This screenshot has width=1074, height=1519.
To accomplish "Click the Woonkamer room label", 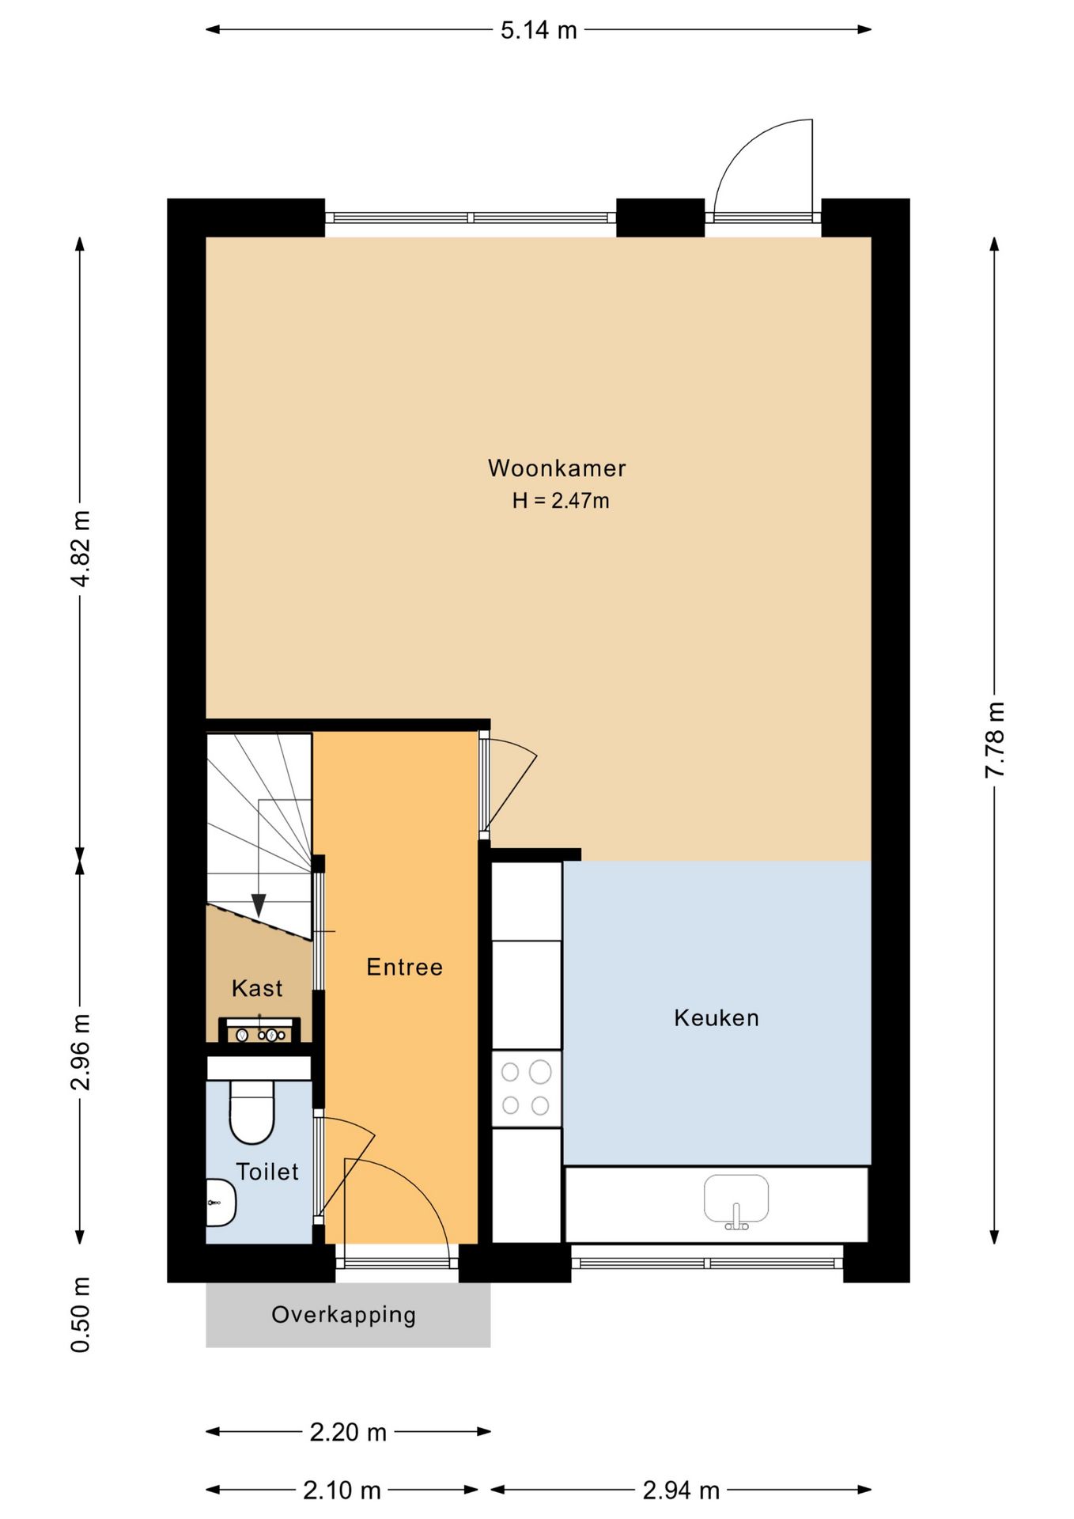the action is coord(557,468).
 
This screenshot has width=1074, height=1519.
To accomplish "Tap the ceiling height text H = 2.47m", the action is coord(561,500).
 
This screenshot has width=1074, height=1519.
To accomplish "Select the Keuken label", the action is coord(717,1017).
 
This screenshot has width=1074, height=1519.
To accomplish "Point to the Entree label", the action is coord(404,967).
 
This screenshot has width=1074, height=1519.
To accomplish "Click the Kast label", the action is coord(257,988).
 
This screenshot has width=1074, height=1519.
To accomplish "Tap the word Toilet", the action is coord(267,1172).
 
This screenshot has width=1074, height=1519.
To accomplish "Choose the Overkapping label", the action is coord(343,1315).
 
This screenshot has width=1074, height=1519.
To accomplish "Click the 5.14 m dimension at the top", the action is coord(539,30).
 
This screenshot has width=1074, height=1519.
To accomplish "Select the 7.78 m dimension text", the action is coord(995,739).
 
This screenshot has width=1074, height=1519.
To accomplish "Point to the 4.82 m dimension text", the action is coord(81,548).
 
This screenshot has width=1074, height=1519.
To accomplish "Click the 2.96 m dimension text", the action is coord(81,1051).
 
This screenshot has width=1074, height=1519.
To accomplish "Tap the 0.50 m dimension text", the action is coord(81,1314).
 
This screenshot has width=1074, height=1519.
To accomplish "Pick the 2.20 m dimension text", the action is coord(348,1432).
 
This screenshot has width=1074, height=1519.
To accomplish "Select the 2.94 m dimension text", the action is coord(681,1491).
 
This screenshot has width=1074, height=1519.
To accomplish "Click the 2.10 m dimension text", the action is coord(342,1491).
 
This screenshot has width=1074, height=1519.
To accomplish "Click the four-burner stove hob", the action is coord(526,1089).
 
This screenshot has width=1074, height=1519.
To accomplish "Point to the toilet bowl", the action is coord(251,1112).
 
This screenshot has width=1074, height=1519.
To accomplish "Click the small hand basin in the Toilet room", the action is coord(221,1203).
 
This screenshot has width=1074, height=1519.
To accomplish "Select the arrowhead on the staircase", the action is coord(259,905).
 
